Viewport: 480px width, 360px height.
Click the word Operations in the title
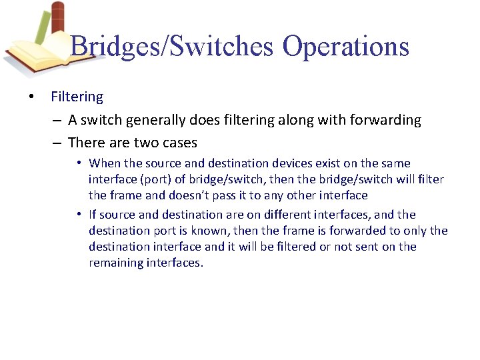click(x=345, y=46)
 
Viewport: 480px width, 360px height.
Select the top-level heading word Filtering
click(x=77, y=97)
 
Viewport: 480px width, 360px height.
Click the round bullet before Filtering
click(x=32, y=97)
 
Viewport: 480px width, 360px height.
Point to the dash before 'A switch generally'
click(x=57, y=121)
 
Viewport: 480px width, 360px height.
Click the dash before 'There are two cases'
click(x=57, y=143)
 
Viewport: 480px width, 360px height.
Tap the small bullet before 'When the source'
click(x=79, y=163)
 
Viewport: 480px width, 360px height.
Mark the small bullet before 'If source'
click(x=79, y=215)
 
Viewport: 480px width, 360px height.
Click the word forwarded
click(x=359, y=231)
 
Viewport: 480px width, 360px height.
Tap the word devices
click(x=283, y=163)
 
